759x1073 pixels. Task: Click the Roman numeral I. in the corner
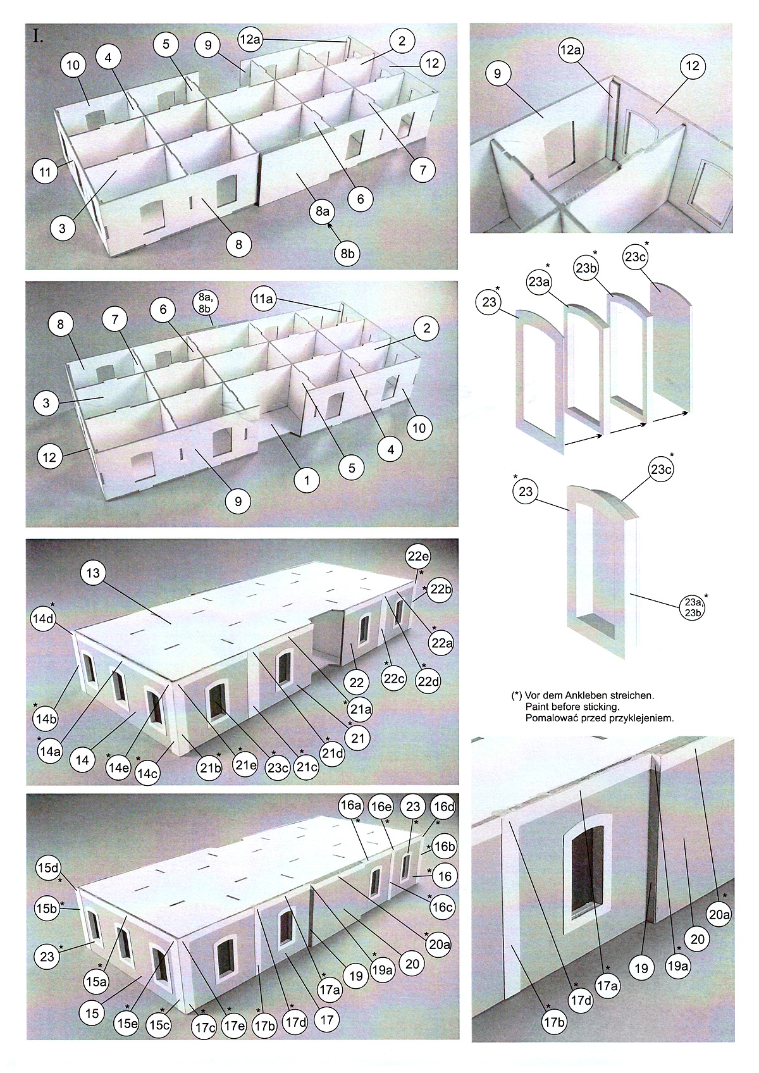pos(37,36)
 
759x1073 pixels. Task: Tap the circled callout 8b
pos(346,253)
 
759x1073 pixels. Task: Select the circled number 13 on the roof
pos(93,573)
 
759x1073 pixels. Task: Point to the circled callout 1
pos(307,480)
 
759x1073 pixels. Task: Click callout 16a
pos(350,807)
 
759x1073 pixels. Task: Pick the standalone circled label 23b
pos(586,268)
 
